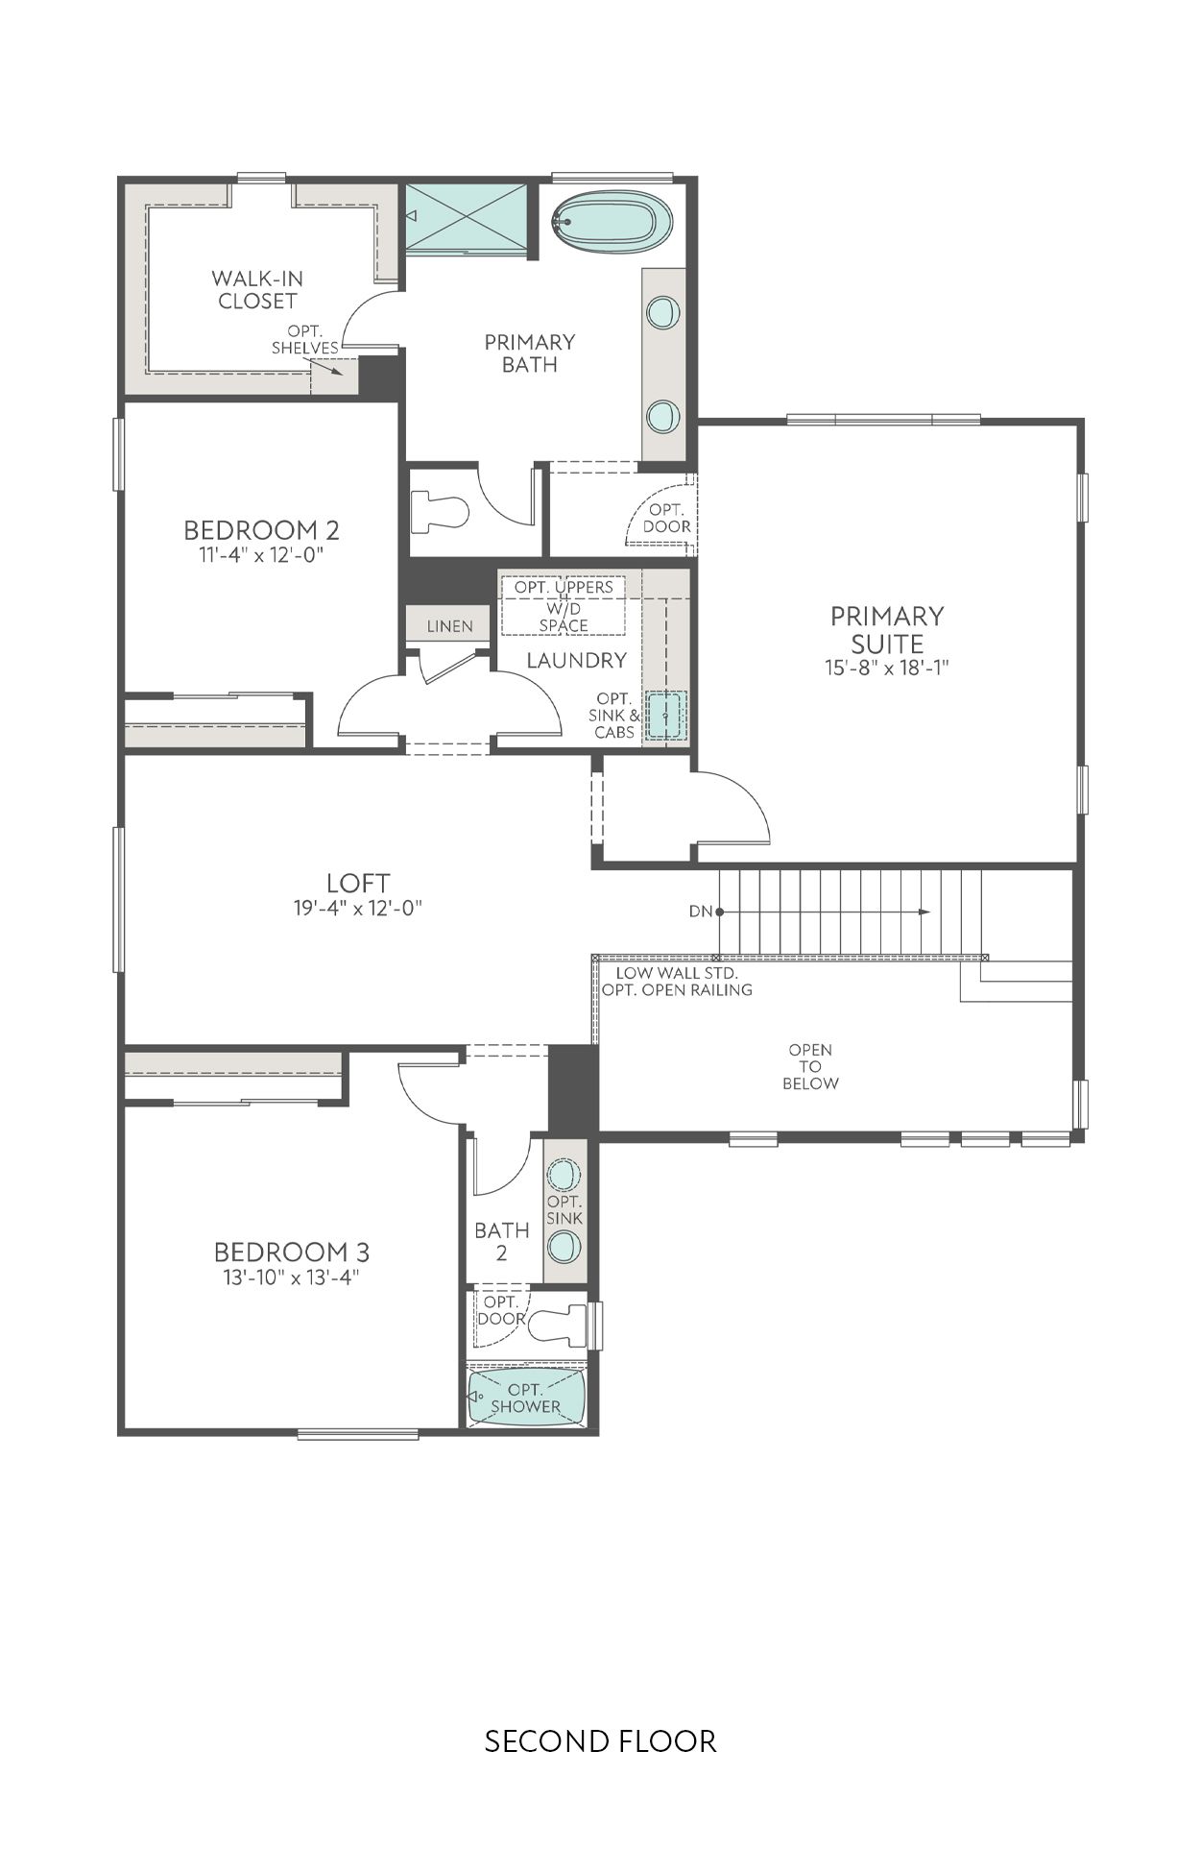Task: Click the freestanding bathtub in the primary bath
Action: pos(612,222)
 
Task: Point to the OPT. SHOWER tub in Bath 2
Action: pos(526,1398)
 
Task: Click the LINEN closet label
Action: pos(449,626)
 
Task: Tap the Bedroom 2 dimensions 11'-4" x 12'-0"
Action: pos(261,554)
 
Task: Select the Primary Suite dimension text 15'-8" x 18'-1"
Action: pos(886,668)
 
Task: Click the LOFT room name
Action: pos(358,882)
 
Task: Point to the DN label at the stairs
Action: pos(701,911)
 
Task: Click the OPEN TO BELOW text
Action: pos(810,1066)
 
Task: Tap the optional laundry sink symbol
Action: pos(665,716)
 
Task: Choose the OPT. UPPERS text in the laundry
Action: pos(564,587)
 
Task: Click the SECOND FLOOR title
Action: pos(600,1740)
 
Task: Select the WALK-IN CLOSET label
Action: pos(257,289)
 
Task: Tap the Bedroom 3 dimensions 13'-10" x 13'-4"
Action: pos(291,1277)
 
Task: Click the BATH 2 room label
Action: pos(501,1241)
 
